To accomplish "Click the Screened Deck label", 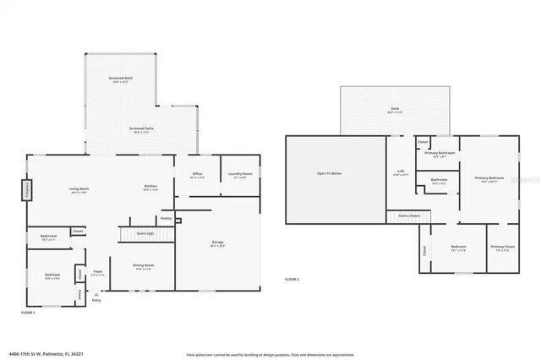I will click(x=121, y=79).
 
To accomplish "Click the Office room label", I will click(x=197, y=174).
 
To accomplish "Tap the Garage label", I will click(x=217, y=243).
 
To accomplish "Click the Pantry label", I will click(x=166, y=218).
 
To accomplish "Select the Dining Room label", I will click(x=144, y=266).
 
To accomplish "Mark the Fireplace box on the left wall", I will click(x=26, y=188).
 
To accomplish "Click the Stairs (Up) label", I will click(x=134, y=232).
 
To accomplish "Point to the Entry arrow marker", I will click(x=96, y=295).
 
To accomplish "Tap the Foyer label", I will click(x=98, y=272).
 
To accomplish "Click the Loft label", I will click(x=401, y=172).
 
